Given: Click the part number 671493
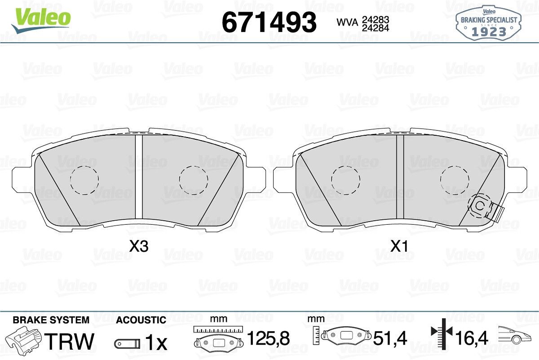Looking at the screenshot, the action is (x=269, y=22).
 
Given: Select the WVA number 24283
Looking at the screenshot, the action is (x=376, y=19).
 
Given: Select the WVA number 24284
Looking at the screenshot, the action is (x=376, y=28).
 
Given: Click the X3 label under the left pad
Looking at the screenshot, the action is (x=139, y=246).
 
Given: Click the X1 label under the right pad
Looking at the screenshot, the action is (x=399, y=246).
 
